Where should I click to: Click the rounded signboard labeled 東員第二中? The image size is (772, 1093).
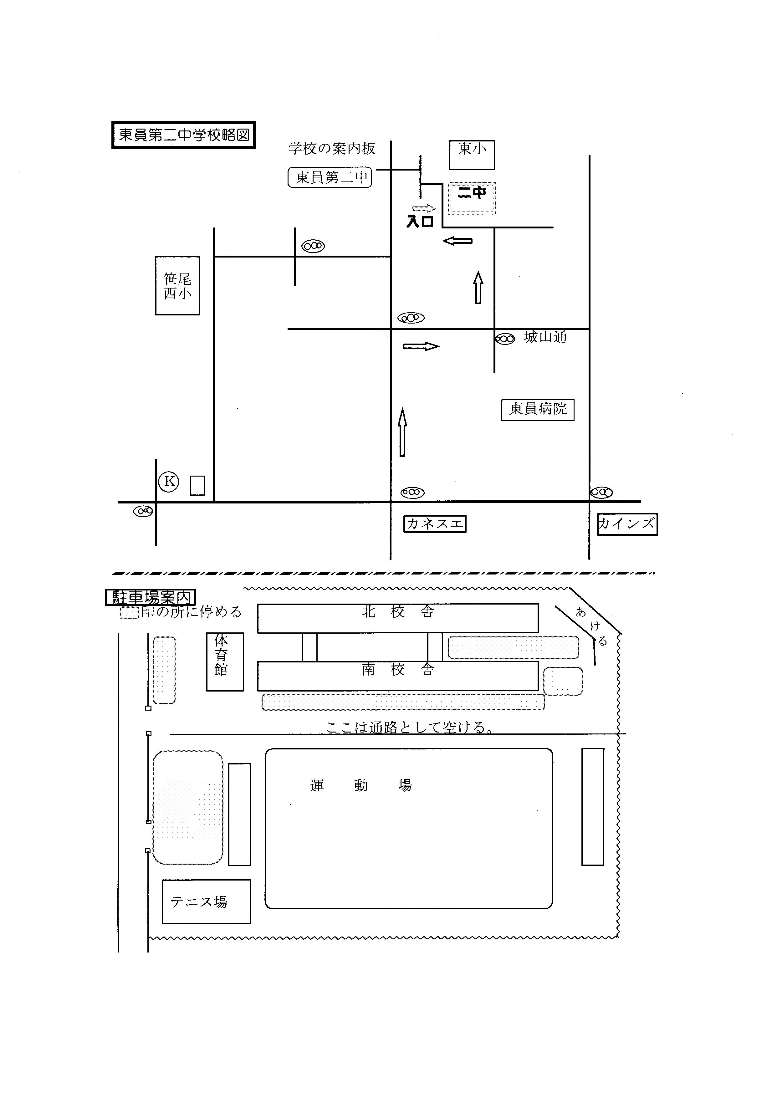click(x=330, y=177)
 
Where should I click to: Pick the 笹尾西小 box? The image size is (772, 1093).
click(x=177, y=286)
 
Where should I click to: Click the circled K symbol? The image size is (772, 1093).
click(x=169, y=481)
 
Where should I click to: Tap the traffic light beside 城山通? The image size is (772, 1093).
click(x=505, y=339)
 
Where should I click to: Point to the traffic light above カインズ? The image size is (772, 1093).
click(x=601, y=492)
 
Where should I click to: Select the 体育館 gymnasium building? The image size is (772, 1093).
click(x=225, y=662)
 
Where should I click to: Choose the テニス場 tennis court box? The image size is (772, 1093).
click(x=207, y=901)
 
